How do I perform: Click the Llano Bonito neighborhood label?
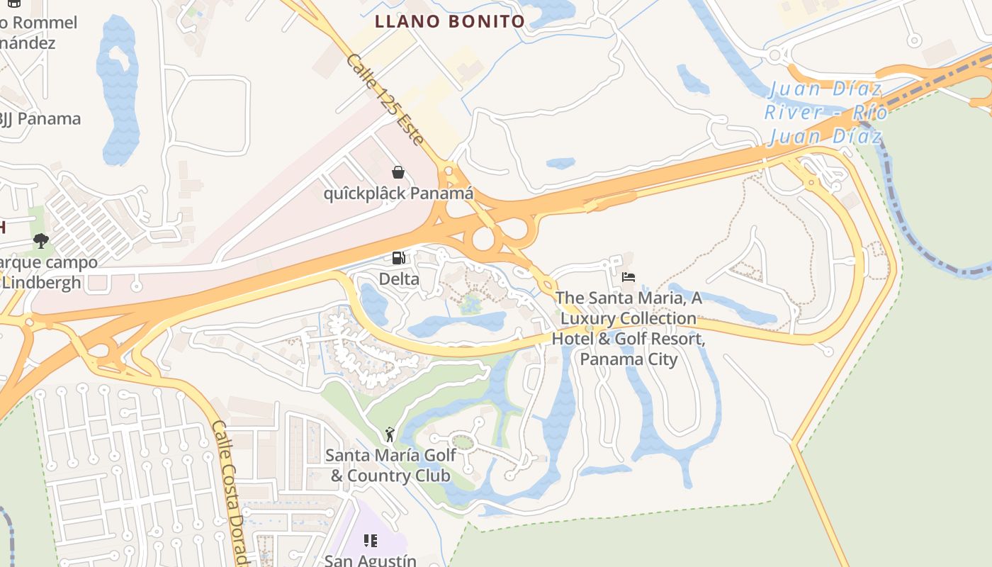click(450, 21)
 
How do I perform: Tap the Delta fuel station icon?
click(399, 259)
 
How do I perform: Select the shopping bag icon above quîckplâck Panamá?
click(398, 172)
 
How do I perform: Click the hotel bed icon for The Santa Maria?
click(629, 277)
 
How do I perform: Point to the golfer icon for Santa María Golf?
click(389, 434)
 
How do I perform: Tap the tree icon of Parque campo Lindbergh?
click(41, 241)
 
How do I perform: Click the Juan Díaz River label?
click(826, 112)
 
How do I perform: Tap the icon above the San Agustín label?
click(370, 541)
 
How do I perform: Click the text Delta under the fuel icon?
click(399, 279)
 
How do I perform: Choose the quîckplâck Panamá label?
click(398, 193)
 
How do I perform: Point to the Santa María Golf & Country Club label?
click(390, 465)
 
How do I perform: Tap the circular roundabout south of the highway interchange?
click(483, 239)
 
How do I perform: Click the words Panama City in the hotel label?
click(629, 359)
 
